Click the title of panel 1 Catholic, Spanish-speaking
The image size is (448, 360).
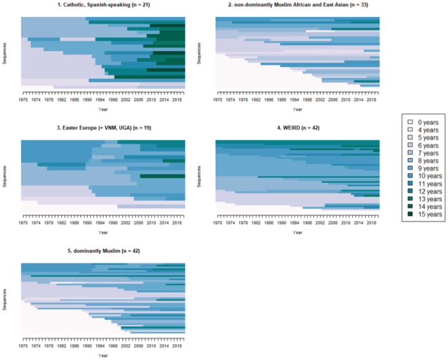click(x=103, y=5)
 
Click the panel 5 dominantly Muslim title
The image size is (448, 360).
click(x=103, y=251)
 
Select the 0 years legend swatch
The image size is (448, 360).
click(x=409, y=122)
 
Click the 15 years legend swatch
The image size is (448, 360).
click(x=409, y=214)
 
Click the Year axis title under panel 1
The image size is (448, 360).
click(x=103, y=110)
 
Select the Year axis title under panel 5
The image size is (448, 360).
click(x=103, y=355)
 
